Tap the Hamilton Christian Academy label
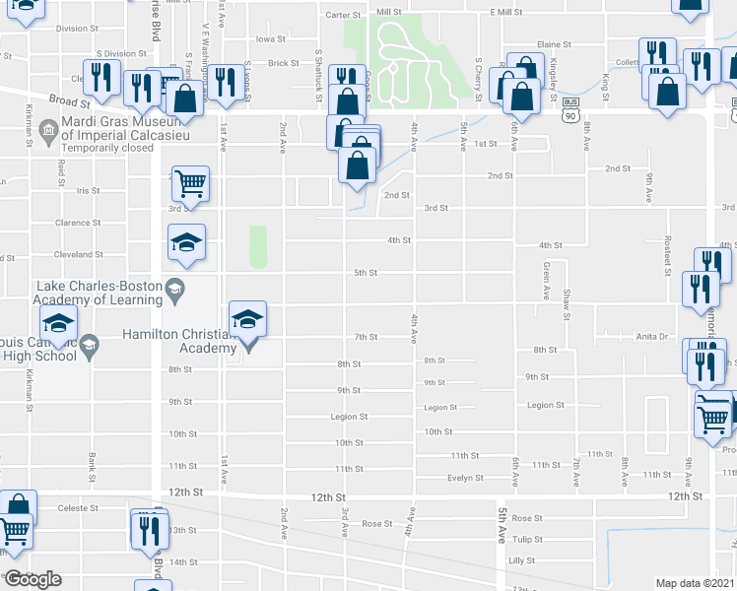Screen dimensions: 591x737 [x=178, y=341]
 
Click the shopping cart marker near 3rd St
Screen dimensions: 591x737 [x=190, y=183]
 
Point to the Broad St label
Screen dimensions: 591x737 [x=70, y=100]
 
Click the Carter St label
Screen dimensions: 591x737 [x=345, y=15]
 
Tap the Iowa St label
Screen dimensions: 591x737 [x=270, y=39]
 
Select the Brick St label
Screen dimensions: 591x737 [x=283, y=63]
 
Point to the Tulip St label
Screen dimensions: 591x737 [x=527, y=539]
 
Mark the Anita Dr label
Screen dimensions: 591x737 [x=651, y=337]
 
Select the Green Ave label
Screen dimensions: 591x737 [x=545, y=281]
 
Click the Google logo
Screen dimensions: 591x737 [x=33, y=579]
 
